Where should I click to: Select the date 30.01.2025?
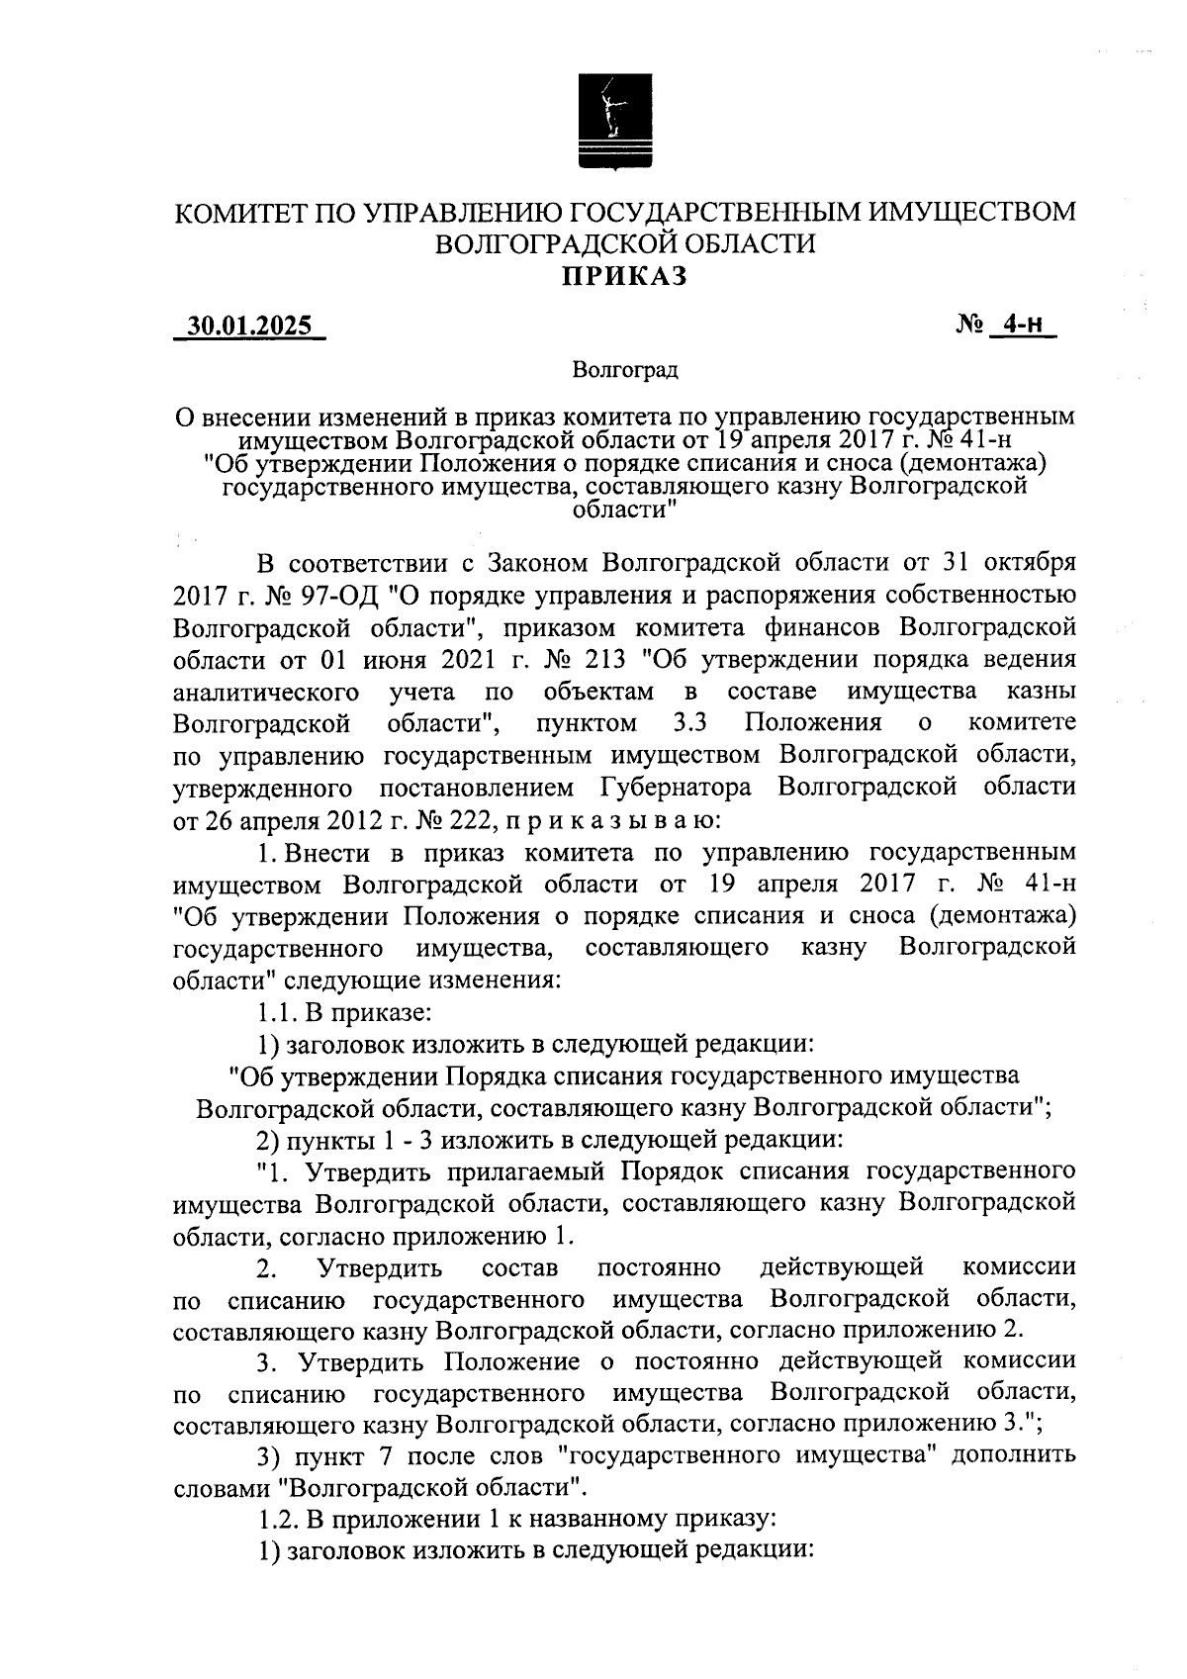pyautogui.click(x=249, y=326)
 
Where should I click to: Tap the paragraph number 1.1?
pyautogui.click(x=274, y=1012)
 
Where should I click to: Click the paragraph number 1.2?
pyautogui.click(x=274, y=1519)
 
